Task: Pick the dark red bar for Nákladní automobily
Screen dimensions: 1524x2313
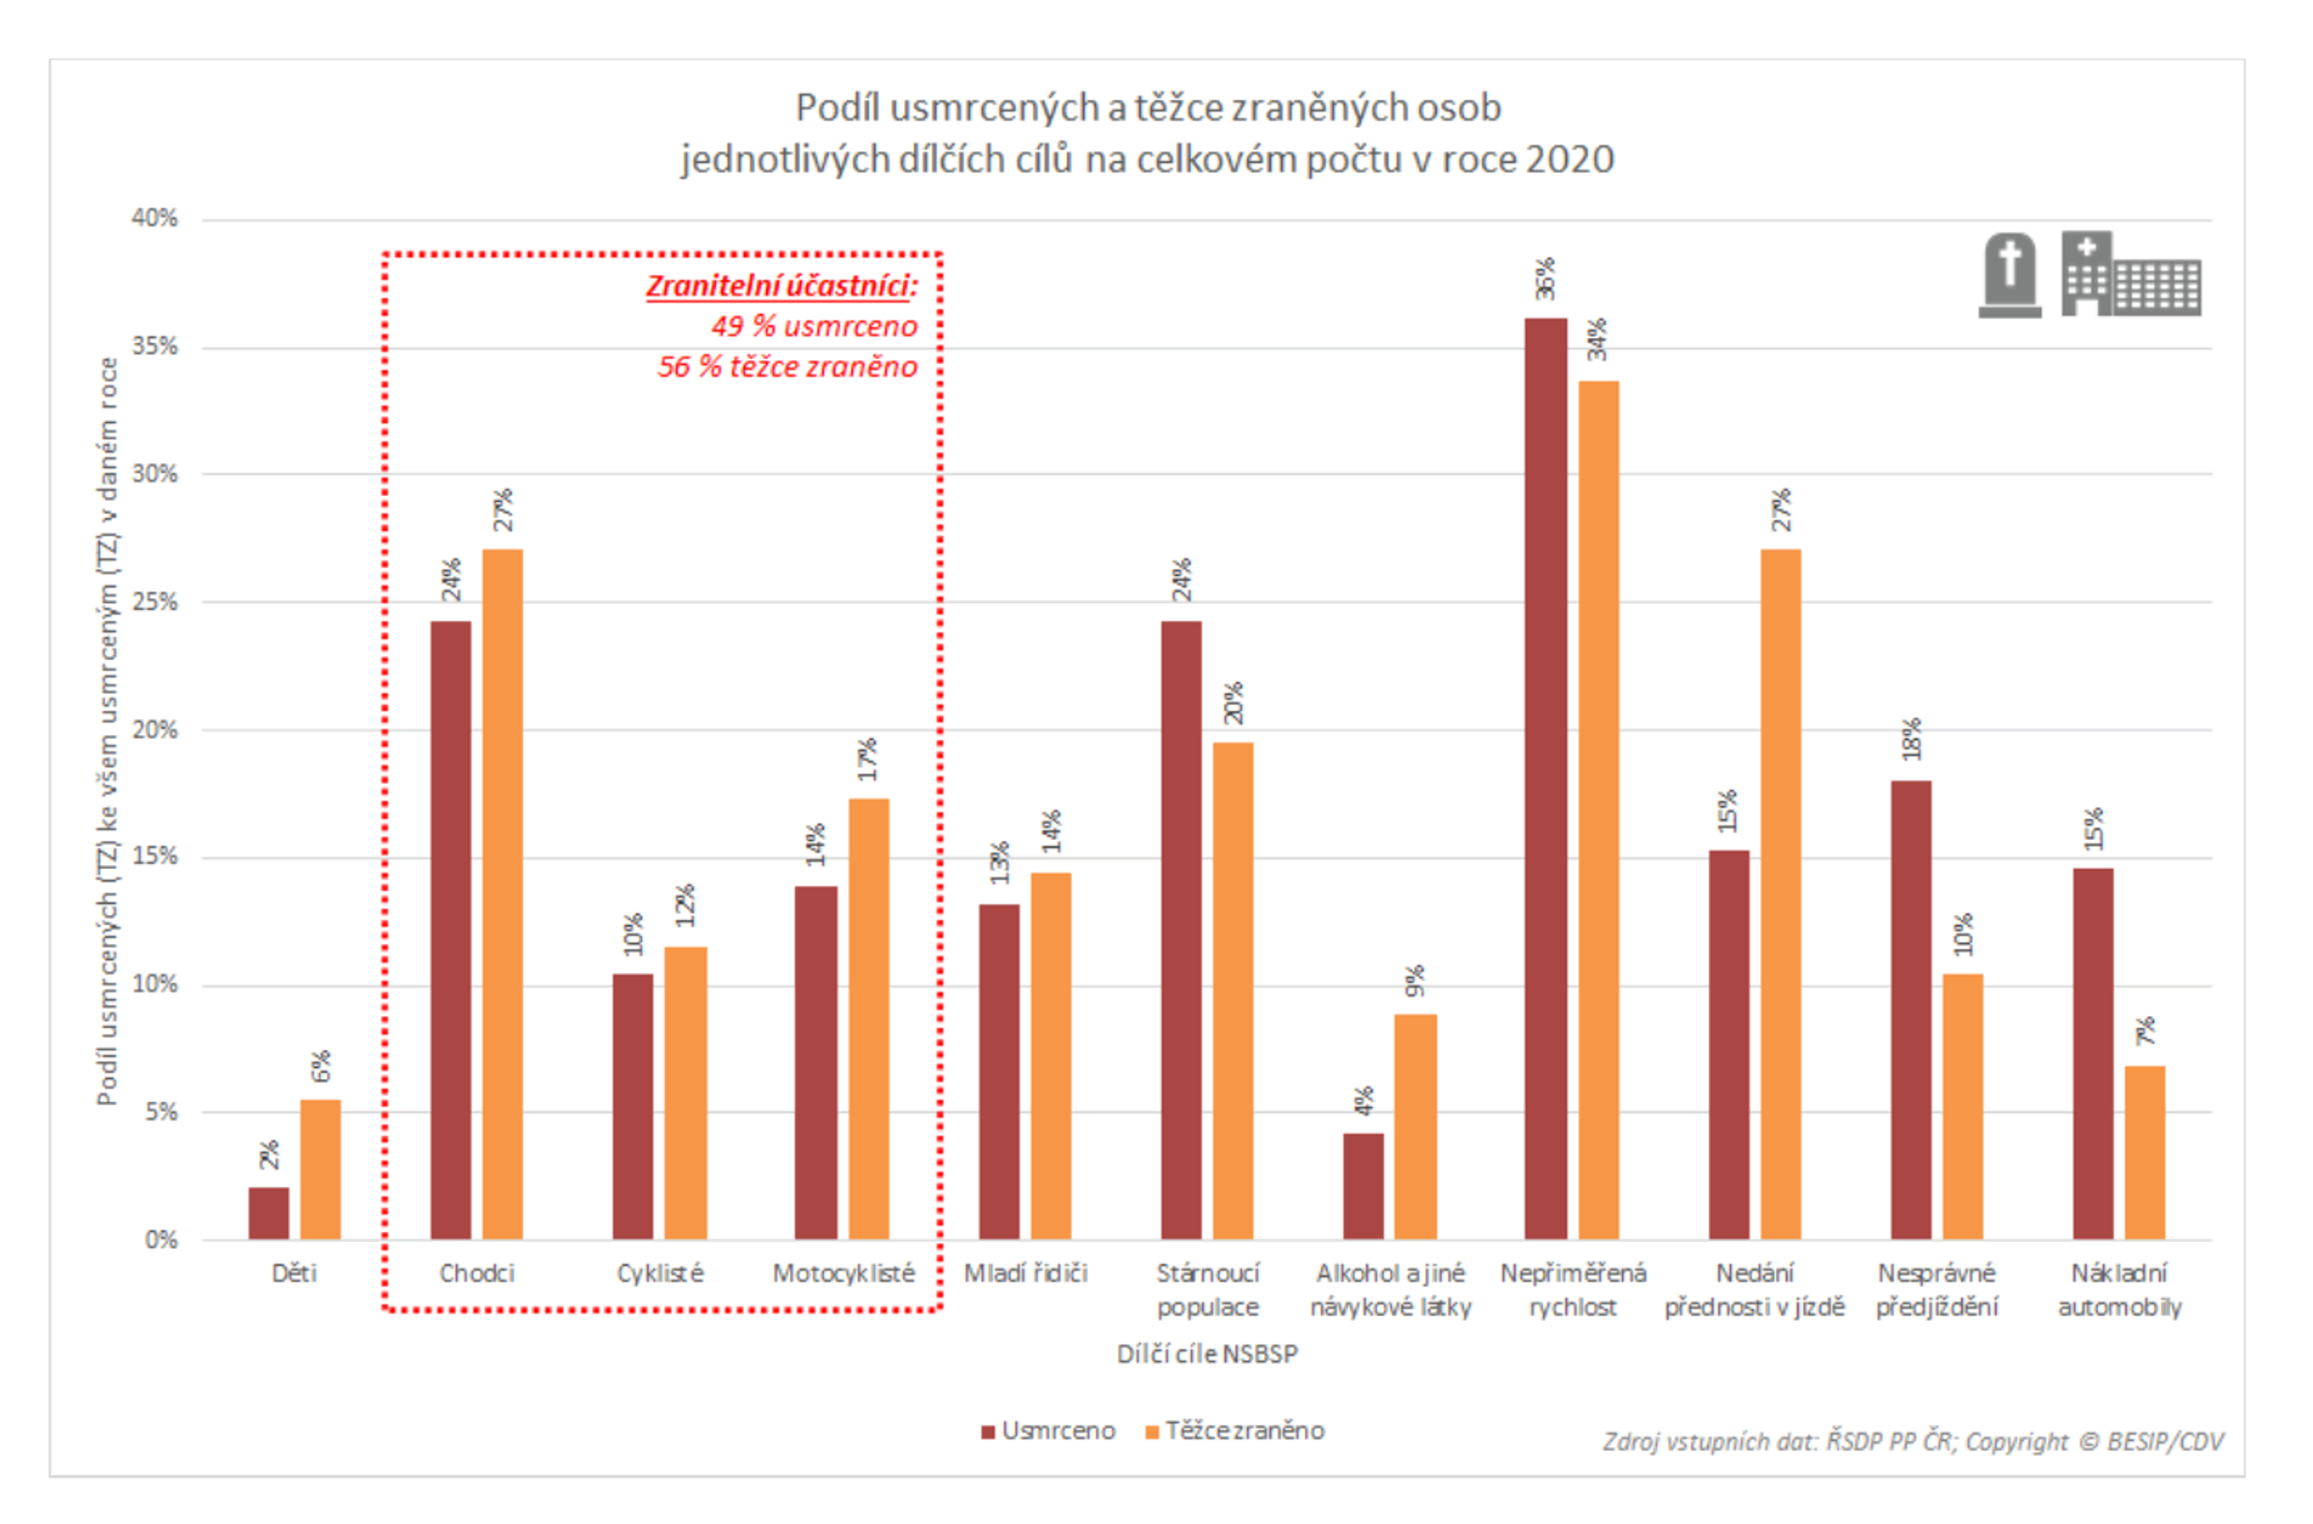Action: tap(2092, 1054)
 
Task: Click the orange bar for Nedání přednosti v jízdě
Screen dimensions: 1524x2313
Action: tap(1780, 894)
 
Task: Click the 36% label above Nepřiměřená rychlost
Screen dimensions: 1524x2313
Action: tap(1545, 279)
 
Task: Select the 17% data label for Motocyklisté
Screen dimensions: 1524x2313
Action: tap(867, 759)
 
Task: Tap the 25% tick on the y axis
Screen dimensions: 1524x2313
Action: tap(154, 602)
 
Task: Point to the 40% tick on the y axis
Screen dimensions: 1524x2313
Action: tap(154, 218)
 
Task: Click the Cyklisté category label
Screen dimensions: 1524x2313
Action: tap(659, 1274)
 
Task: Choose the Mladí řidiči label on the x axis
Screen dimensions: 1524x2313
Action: tap(1024, 1274)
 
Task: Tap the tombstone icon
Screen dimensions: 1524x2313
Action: tap(2008, 276)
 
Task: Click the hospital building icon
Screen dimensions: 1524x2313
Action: tap(2130, 276)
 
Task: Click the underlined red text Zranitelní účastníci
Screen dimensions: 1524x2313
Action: tap(781, 286)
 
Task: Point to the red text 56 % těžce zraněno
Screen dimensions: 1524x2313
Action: tap(786, 366)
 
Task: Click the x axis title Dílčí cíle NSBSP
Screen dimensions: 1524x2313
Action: tap(1207, 1353)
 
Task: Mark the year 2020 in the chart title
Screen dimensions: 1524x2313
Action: tap(1569, 159)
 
